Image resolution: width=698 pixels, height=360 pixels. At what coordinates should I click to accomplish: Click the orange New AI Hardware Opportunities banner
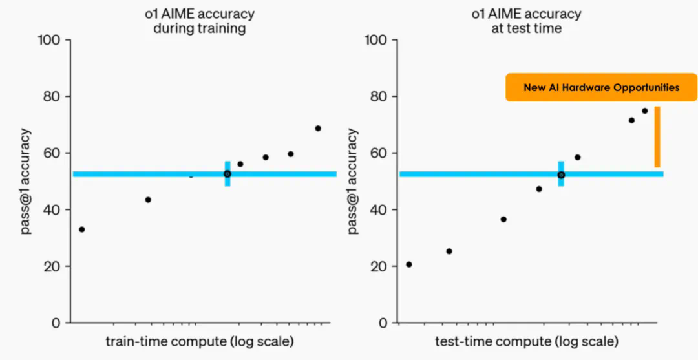[601, 87]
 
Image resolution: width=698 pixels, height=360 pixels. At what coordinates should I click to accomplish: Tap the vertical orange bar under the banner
[657, 137]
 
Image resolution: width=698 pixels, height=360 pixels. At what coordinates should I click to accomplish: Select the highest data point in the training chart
[318, 128]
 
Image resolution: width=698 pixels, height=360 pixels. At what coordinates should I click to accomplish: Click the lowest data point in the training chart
[82, 229]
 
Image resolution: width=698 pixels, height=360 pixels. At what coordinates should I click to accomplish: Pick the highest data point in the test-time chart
[644, 111]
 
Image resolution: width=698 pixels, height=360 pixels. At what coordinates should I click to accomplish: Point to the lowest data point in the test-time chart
[408, 264]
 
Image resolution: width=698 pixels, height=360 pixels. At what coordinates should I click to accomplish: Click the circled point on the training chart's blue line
[227, 174]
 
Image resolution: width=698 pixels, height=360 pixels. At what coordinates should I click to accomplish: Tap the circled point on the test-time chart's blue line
[561, 175]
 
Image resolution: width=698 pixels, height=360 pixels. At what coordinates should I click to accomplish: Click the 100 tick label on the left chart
[49, 40]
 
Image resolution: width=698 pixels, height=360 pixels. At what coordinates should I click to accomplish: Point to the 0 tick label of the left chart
[57, 323]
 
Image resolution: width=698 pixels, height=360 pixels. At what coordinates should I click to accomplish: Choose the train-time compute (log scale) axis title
[199, 341]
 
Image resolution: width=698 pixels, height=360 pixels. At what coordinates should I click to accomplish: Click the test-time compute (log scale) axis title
[526, 341]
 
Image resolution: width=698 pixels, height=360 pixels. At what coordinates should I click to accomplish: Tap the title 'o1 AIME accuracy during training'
[199, 21]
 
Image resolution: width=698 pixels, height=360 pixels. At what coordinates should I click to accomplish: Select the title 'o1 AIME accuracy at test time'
[526, 21]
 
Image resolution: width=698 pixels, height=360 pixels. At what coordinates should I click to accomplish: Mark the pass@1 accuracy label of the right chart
[353, 181]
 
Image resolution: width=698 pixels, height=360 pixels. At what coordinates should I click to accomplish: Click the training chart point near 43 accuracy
[148, 200]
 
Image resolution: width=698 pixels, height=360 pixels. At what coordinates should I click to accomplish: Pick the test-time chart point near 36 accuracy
[503, 219]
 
